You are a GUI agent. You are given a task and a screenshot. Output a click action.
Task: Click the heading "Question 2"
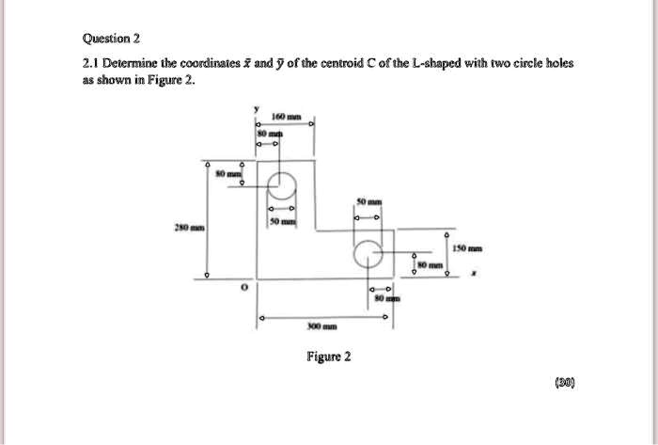tap(112, 39)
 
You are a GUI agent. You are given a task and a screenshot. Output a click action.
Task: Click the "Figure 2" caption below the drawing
tap(328, 357)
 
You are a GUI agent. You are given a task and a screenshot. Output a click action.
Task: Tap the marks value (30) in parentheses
tap(563, 383)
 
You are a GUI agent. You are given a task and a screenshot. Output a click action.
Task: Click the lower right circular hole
tap(368, 253)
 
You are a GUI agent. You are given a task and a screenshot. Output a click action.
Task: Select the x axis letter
tap(473, 276)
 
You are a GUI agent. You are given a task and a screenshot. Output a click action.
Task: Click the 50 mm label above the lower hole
tap(368, 202)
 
